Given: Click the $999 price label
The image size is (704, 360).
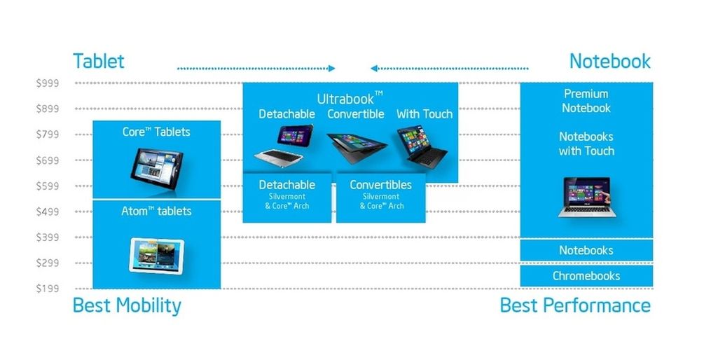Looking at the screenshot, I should [48, 83].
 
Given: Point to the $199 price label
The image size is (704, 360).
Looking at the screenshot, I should [48, 289].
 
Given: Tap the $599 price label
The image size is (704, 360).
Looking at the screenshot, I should [48, 186].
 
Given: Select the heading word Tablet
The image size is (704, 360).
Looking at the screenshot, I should [98, 61].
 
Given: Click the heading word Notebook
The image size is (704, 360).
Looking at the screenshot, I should [609, 61].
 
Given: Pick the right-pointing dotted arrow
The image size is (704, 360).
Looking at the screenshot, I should [256, 68].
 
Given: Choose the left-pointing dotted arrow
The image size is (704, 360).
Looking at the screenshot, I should [449, 68].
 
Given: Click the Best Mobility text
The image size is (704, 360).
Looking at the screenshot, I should [127, 306].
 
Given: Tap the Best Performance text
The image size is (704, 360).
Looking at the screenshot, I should [574, 306].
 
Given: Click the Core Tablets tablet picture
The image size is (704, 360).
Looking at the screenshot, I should [156, 163].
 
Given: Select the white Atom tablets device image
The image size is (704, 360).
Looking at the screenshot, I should [156, 255].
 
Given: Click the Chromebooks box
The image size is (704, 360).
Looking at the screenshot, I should [586, 276].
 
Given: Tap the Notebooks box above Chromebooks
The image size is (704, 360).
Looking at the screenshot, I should [586, 250].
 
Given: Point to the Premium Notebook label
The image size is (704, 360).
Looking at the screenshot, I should [586, 101].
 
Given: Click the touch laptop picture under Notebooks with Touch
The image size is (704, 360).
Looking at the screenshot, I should [587, 197].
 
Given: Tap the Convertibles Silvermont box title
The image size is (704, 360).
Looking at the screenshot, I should [380, 185].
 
